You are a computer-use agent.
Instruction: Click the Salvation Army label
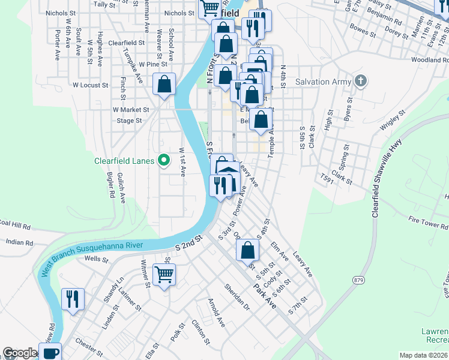click(x=321, y=82)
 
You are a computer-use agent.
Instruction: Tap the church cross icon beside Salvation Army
click(x=360, y=81)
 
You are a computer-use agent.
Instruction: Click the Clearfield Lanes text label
click(x=124, y=161)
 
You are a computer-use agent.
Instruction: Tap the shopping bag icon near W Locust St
click(x=164, y=85)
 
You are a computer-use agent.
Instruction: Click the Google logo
click(x=19, y=353)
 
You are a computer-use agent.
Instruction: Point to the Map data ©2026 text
click(x=423, y=355)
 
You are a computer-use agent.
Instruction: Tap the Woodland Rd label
click(x=430, y=60)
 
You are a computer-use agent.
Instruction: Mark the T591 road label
click(x=327, y=179)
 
